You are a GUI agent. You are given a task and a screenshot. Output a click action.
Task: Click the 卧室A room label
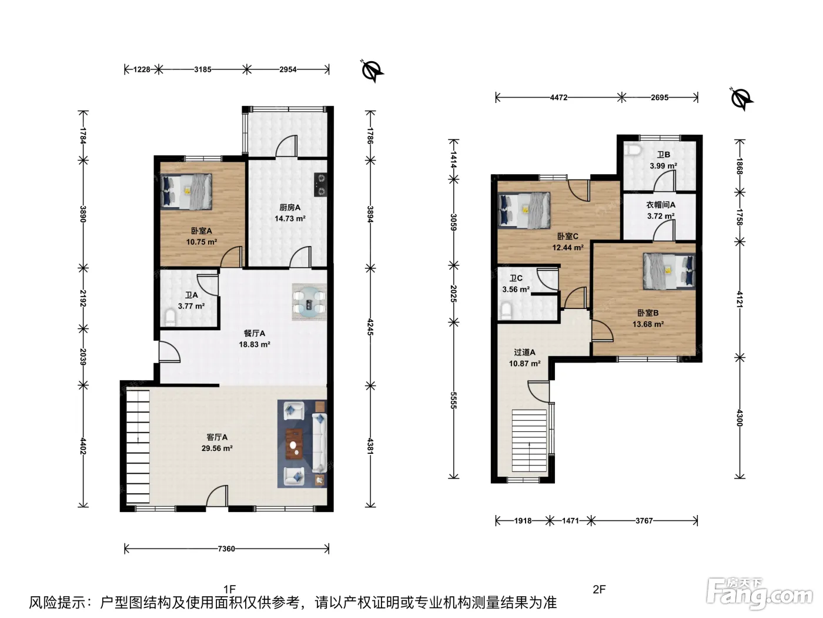pos(202,231)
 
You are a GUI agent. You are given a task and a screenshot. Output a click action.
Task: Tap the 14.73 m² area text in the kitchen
pos(290,218)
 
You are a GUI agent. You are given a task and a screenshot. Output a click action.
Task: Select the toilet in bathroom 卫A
pos(170,317)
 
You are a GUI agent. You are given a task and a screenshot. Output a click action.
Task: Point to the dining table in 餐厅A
pos(309,302)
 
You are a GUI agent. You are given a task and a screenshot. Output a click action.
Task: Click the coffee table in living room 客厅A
pos(295,444)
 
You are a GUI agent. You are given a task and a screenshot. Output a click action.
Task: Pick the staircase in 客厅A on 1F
pos(138,447)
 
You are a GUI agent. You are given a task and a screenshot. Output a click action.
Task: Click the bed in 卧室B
pos(669,271)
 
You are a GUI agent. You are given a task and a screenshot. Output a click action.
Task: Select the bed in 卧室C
pos(524,210)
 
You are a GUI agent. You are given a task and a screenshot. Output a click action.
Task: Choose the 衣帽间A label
pos(661,205)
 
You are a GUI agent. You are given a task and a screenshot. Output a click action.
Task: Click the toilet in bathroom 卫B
pos(633,149)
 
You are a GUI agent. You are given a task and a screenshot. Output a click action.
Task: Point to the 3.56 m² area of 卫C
pos(516,290)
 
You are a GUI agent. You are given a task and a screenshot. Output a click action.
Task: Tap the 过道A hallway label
pos(524,353)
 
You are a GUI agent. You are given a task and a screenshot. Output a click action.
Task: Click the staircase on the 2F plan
pos(529,440)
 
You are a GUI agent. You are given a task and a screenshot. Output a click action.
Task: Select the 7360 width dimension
pos(226,549)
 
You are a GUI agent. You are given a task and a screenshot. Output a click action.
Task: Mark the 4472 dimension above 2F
pos(558,98)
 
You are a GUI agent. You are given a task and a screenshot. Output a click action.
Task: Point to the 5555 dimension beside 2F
pos(453,400)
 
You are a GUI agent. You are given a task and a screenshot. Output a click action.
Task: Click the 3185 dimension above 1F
pos(203,69)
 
